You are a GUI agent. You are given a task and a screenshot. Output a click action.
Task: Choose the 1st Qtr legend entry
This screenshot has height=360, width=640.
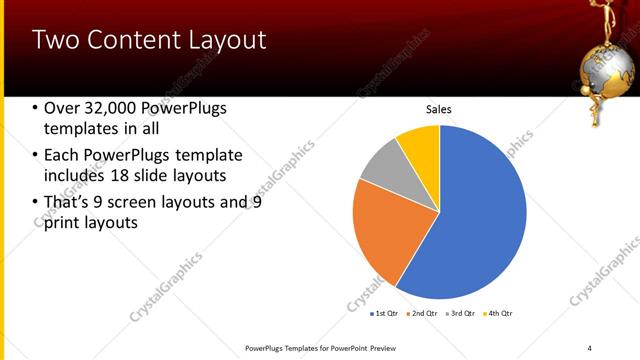click(x=384, y=314)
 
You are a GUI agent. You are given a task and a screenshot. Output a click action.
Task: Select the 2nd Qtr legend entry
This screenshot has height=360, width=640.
click(x=424, y=314)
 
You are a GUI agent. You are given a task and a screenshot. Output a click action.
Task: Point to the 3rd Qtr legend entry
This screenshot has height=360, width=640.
click(x=462, y=314)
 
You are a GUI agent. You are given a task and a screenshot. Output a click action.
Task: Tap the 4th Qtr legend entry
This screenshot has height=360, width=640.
click(x=499, y=314)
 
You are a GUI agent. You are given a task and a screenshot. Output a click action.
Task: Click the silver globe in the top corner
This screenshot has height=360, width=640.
click(x=609, y=60)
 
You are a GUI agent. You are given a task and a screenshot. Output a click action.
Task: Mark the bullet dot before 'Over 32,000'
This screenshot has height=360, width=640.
click(x=36, y=108)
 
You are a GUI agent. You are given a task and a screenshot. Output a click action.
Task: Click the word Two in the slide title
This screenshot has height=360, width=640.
click(x=52, y=40)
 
